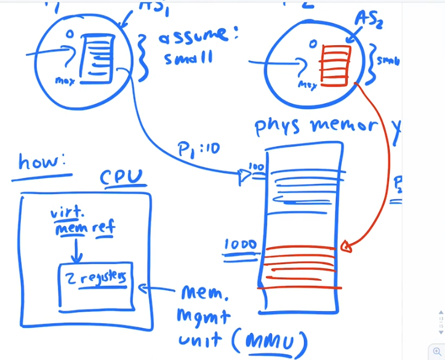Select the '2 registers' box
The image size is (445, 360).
point(96,281)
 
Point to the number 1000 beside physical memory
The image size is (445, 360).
point(241,245)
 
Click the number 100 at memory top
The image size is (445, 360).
point(256,166)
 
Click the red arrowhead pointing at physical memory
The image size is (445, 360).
point(346,246)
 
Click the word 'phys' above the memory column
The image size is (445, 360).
point(278,126)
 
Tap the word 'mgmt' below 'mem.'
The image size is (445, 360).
point(203,315)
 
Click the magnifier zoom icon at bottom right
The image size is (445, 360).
point(437,352)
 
